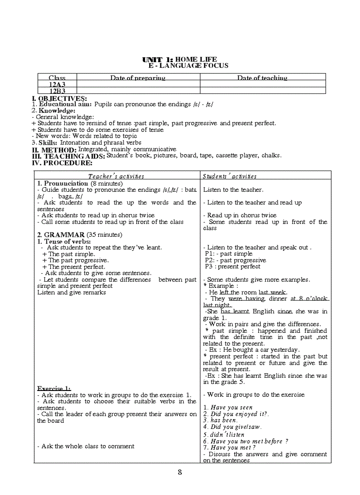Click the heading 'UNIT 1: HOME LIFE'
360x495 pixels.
point(179,60)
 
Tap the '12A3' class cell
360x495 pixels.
point(57,84)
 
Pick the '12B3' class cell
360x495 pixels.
point(57,91)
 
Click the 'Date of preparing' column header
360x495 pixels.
point(138,78)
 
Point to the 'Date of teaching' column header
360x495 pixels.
point(262,78)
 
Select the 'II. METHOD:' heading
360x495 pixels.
point(54,150)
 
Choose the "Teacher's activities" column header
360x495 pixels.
point(116,176)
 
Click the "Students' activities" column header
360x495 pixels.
point(229,176)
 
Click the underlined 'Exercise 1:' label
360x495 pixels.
point(54,388)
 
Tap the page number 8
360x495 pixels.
point(180,472)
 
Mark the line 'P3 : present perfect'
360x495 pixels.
point(232,267)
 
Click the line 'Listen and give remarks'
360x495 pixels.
point(71,292)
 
